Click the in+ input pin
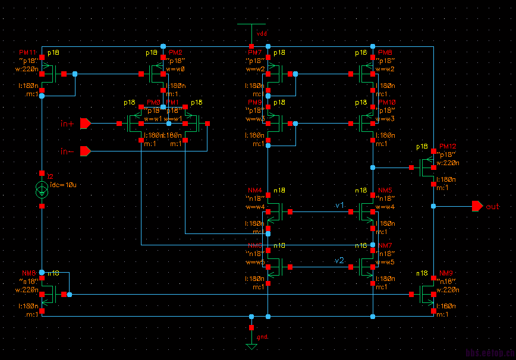point(85,124)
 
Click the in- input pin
point(85,151)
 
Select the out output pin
point(477,206)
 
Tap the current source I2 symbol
point(42,190)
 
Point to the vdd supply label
point(261,34)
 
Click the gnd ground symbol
point(251,345)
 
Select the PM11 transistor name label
point(28,53)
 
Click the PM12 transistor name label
point(447,147)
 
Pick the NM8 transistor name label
point(28,273)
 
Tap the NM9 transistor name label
point(446,273)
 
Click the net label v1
point(339,205)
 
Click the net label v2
point(339,261)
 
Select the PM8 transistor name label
point(385,53)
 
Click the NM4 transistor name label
point(255,191)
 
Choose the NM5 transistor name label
point(386,191)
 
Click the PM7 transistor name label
point(255,53)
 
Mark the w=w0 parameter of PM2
point(176,69)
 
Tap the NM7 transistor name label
point(386,245)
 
